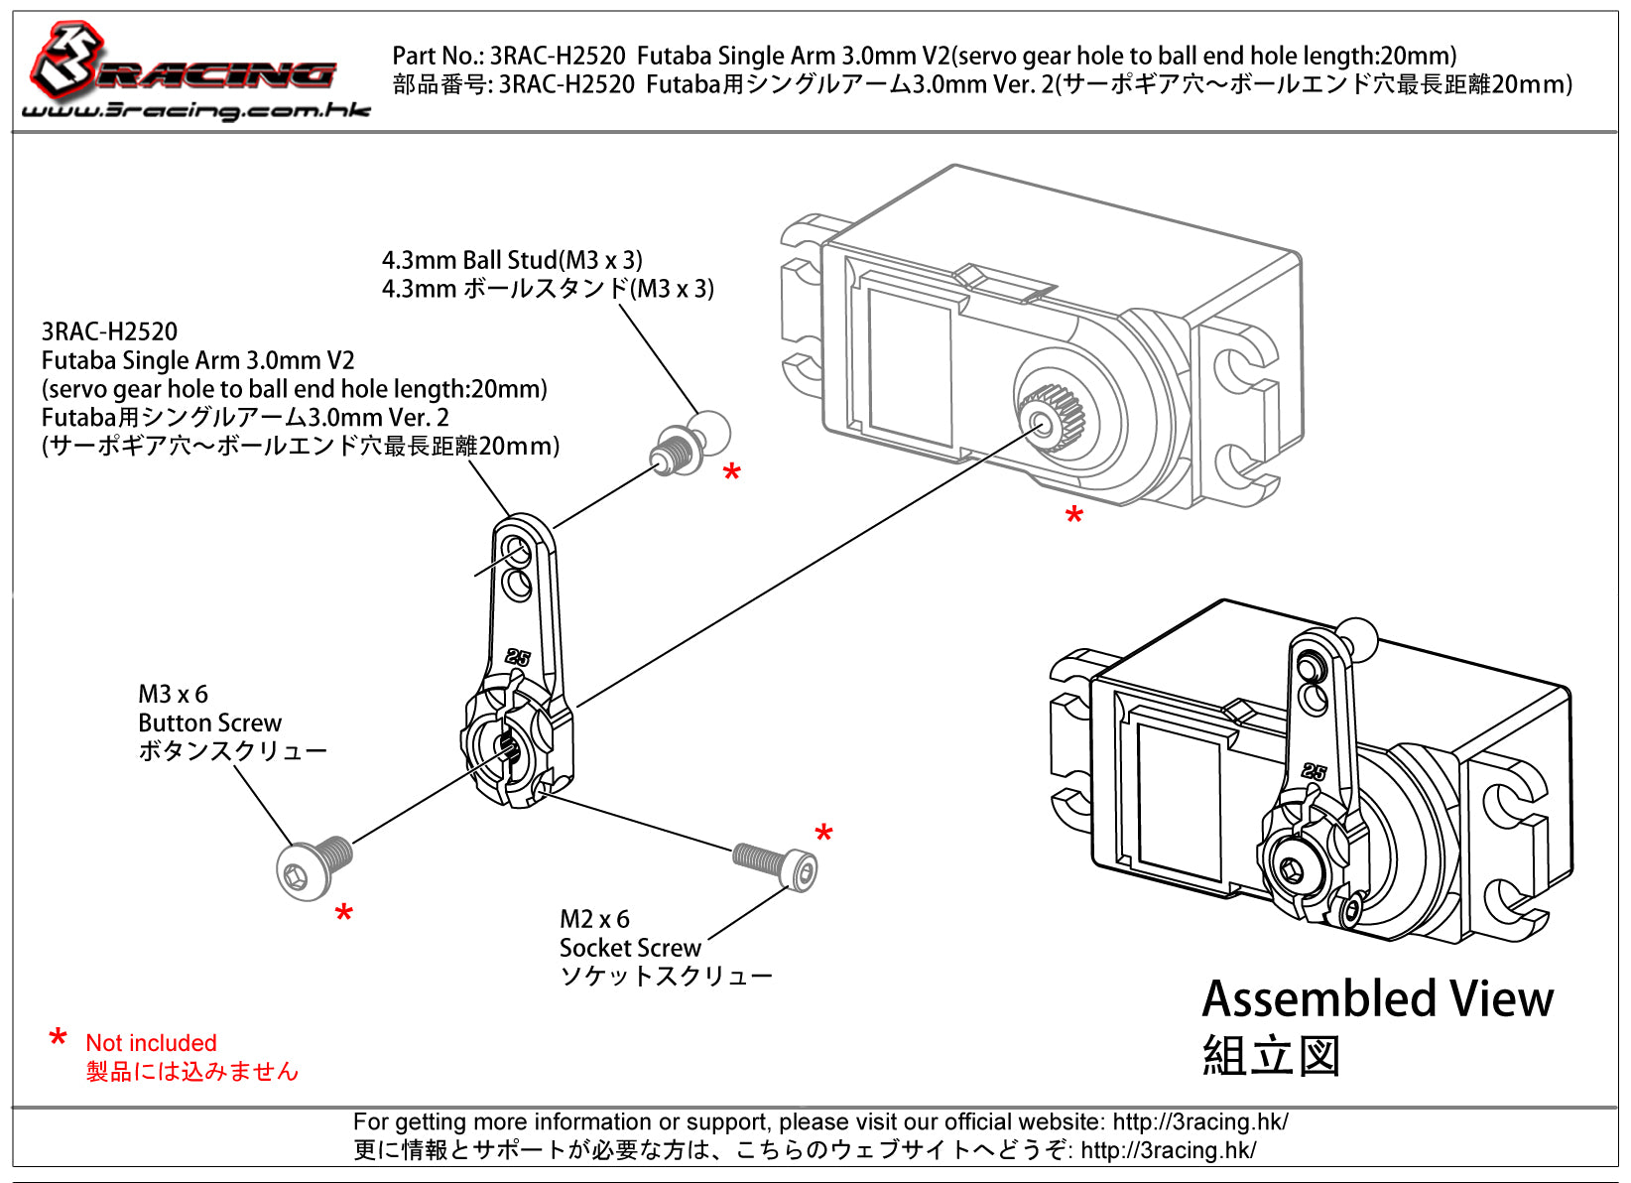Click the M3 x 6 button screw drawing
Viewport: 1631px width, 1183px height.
[x=314, y=866]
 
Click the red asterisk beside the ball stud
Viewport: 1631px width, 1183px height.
[x=731, y=473]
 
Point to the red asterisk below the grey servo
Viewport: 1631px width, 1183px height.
[x=1073, y=516]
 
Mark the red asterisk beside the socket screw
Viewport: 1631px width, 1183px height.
[x=822, y=835]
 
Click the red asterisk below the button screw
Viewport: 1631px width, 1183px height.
[x=343, y=914]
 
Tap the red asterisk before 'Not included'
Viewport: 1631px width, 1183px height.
[x=58, y=1040]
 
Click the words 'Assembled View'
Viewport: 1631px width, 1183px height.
[x=1377, y=999]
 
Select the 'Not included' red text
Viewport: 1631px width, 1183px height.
[x=151, y=1043]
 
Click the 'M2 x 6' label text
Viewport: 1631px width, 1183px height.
[x=594, y=919]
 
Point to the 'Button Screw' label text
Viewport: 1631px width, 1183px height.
[x=209, y=723]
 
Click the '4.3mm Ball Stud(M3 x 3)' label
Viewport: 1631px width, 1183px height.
[x=512, y=260]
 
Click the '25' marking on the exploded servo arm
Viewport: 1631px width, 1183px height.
[x=517, y=657]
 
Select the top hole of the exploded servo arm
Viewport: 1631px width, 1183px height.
[x=516, y=549]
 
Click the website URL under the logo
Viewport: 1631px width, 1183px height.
[x=195, y=110]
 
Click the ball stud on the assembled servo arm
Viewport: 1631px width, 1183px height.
[x=1355, y=636]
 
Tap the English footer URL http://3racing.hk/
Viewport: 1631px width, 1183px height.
[x=1199, y=1122]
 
